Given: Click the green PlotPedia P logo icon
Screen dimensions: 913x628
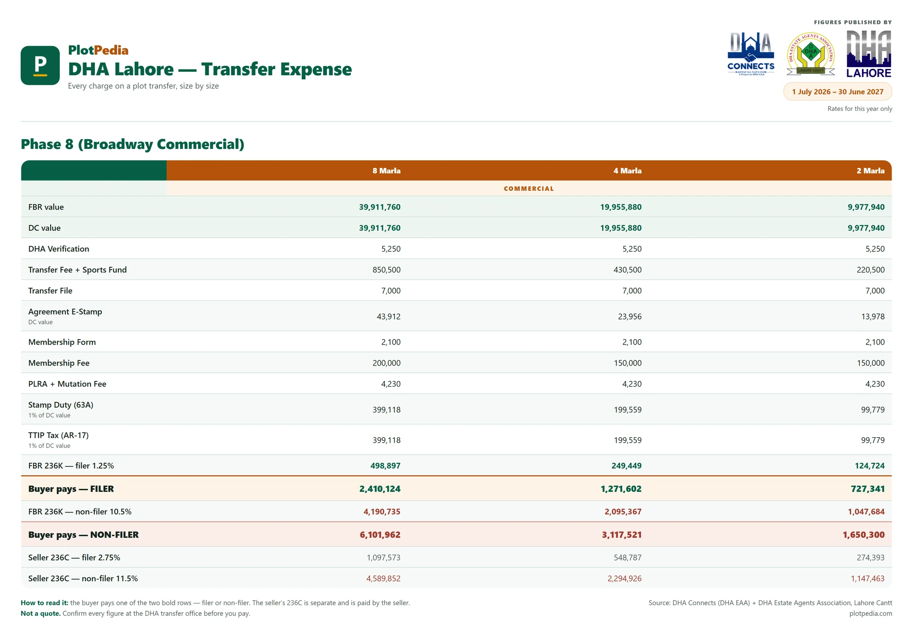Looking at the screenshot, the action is (x=40, y=65).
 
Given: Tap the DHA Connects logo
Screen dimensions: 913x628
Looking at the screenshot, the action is (x=751, y=54).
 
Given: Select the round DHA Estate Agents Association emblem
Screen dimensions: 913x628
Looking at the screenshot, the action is (x=811, y=54).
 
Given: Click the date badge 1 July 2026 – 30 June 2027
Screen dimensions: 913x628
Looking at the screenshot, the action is (x=838, y=92).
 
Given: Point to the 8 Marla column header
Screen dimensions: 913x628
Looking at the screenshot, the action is (x=386, y=171).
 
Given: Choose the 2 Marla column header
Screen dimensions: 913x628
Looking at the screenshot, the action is (x=871, y=171).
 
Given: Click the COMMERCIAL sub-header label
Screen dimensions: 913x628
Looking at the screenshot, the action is (x=529, y=188).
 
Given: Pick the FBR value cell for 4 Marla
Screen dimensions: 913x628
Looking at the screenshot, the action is (x=621, y=207).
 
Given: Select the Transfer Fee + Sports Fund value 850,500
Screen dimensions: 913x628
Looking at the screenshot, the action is (x=387, y=270).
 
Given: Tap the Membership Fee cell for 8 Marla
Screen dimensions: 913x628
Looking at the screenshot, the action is (x=387, y=363).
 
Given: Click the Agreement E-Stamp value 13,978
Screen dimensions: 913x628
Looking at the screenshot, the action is (x=873, y=316).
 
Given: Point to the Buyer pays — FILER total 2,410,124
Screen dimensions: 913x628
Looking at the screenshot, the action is (x=380, y=489).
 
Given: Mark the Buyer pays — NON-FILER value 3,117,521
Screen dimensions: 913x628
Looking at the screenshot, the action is (x=622, y=534).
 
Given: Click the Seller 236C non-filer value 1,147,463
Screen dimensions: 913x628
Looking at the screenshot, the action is (x=868, y=578).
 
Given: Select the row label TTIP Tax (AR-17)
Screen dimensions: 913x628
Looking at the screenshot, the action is (x=58, y=435).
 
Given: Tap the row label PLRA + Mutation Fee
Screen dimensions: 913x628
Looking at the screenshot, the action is (x=67, y=384).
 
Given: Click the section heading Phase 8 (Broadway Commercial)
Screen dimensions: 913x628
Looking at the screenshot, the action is (x=132, y=144).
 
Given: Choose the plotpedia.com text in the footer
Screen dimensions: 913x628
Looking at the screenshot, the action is (x=871, y=613).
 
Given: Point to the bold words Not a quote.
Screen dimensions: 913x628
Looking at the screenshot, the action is (x=41, y=613).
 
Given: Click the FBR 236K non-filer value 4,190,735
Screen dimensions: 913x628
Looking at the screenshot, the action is (x=382, y=512).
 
